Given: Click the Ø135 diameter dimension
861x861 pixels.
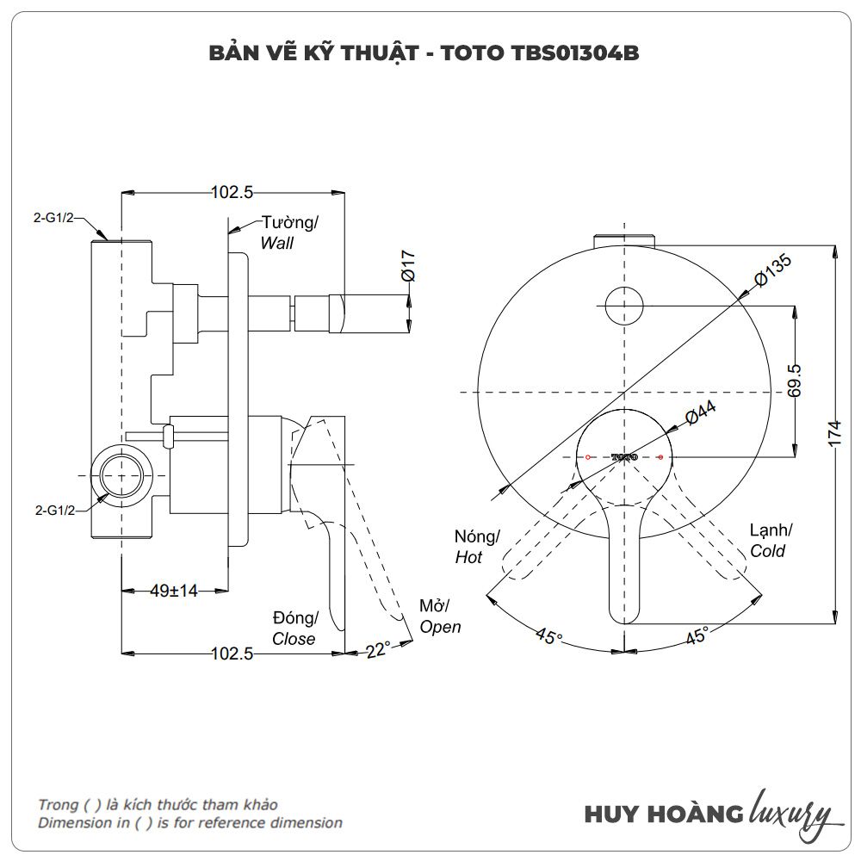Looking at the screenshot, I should [771, 272].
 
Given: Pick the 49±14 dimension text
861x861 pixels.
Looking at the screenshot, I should [174, 591].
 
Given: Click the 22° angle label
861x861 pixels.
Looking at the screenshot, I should [377, 650].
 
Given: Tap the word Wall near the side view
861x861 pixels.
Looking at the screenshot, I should [277, 244].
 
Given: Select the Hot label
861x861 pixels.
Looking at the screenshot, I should [468, 558].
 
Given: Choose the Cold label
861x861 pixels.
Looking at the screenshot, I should [767, 551].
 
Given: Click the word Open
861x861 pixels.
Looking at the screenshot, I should [440, 627].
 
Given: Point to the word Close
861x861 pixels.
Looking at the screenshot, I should [294, 639].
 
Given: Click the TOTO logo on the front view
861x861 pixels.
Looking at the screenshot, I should [623, 455].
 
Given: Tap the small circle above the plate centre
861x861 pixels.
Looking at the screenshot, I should [623, 306].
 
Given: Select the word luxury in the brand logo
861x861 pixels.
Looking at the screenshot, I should [790, 813].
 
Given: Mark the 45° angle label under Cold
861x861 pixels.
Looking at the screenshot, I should [697, 636].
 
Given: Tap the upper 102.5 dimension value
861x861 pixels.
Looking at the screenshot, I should [232, 193].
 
